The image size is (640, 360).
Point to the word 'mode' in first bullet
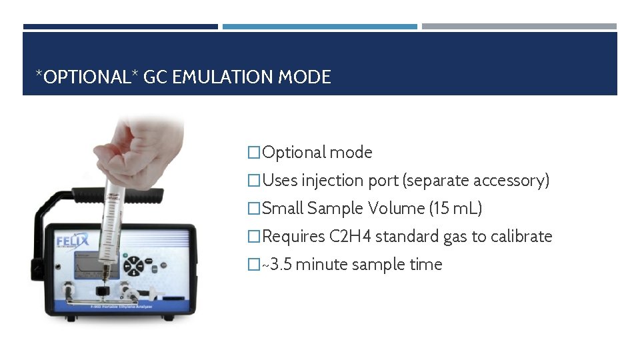[x=351, y=153]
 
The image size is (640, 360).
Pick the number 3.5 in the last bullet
[x=280, y=265]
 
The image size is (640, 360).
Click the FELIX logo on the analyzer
[x=72, y=239]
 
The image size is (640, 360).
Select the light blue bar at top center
[x=319, y=27]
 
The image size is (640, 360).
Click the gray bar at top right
[x=519, y=27]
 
